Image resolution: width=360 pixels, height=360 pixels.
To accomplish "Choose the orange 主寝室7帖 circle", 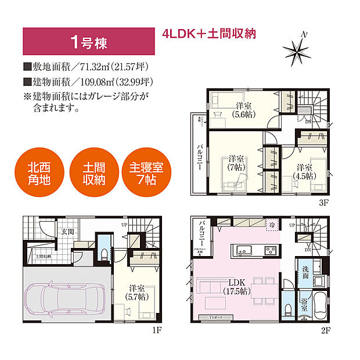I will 146,173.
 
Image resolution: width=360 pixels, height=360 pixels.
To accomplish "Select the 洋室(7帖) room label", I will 235,163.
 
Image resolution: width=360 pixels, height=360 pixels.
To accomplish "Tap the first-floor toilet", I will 104,253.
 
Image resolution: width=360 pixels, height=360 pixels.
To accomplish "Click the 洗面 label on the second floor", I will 305,272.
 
